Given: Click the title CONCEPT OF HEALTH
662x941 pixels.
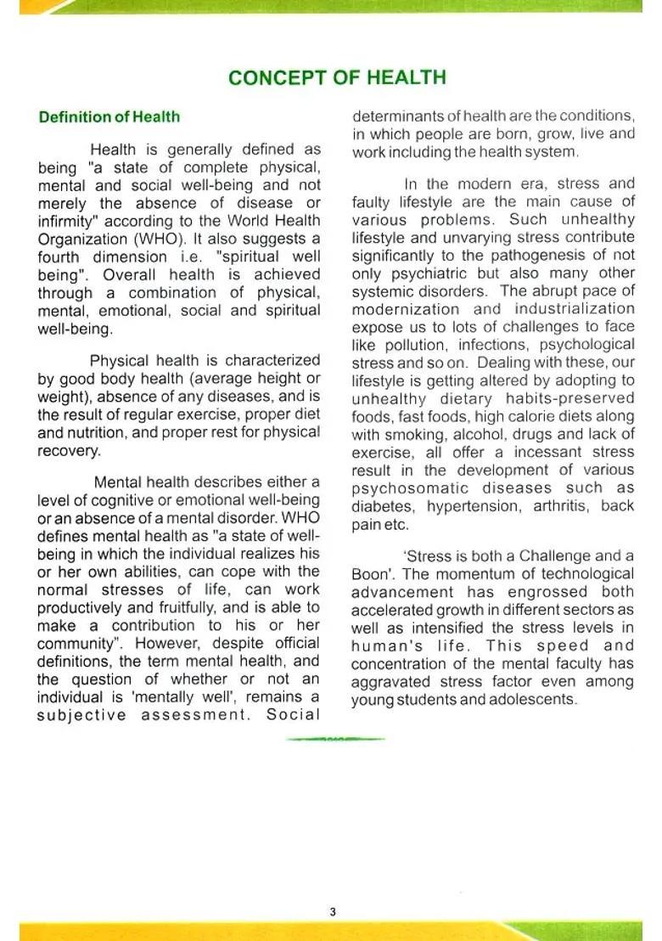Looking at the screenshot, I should click(x=337, y=77).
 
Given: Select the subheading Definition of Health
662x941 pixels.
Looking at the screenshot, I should click(x=109, y=117).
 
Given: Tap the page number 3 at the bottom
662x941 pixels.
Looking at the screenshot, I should click(x=332, y=912).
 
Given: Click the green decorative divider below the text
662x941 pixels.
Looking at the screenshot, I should click(x=335, y=739).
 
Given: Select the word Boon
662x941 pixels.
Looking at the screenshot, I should click(x=369, y=574).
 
